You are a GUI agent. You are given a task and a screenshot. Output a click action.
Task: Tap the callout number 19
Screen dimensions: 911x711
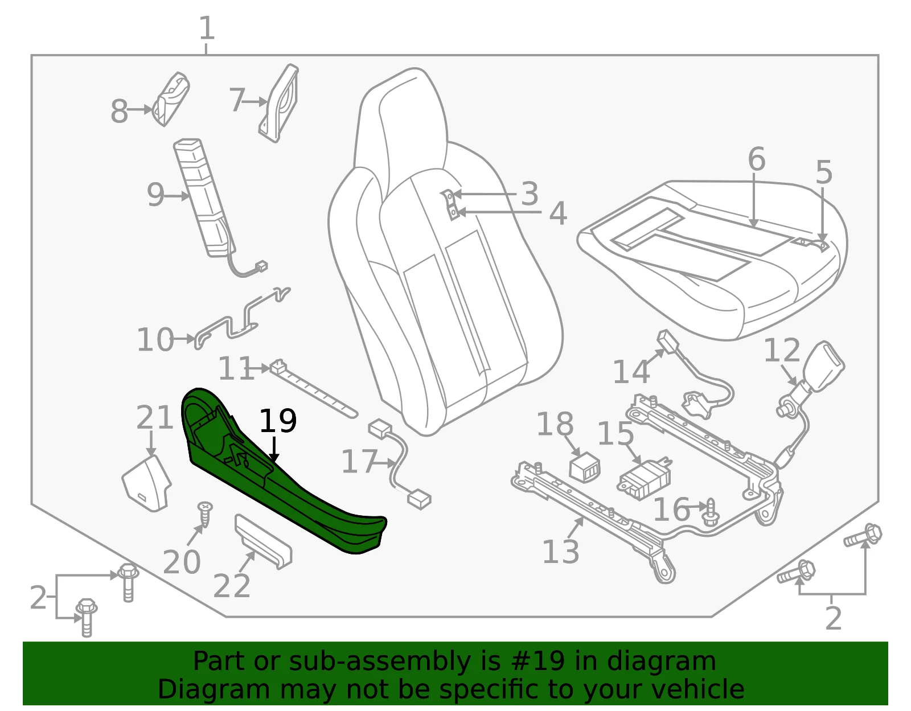278,421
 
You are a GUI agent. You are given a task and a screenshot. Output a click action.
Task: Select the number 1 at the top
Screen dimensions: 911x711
207,28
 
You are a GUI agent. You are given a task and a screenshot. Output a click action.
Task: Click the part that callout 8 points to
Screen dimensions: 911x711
171,99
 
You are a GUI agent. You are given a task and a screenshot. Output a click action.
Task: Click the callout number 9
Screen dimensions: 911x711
155,195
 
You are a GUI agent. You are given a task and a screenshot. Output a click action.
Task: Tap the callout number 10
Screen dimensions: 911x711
155,339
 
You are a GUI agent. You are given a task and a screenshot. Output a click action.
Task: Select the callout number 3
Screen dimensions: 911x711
530,194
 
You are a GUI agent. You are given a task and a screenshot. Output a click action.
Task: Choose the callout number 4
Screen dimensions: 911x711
558,213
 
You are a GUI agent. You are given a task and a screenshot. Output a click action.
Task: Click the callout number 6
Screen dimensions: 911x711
756,159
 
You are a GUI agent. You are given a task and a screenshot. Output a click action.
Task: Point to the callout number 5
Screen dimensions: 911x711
824,172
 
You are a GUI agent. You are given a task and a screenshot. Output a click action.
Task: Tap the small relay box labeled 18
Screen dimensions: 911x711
585,467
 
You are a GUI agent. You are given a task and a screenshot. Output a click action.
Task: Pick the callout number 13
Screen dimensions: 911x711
560,551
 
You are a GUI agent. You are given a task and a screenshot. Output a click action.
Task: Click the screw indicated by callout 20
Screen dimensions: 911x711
206,515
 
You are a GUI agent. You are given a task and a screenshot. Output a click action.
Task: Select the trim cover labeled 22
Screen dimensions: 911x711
263,541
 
